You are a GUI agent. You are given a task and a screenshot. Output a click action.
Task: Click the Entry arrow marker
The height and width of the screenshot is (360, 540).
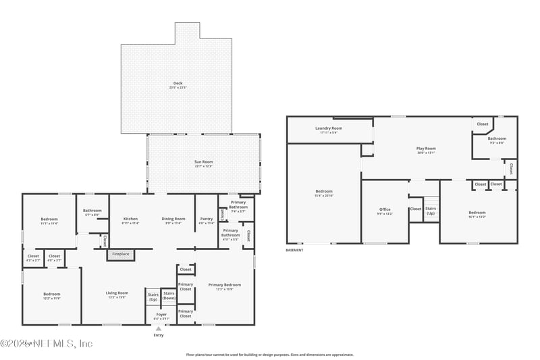point(159,329)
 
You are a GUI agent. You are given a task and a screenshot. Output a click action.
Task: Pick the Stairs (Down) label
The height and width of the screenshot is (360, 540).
point(169,297)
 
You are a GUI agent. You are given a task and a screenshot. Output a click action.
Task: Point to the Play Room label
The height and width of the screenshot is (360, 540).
point(425,150)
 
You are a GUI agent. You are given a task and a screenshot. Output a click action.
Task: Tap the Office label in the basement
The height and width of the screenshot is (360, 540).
point(385,211)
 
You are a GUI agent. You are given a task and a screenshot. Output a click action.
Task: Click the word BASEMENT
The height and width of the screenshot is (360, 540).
point(295,250)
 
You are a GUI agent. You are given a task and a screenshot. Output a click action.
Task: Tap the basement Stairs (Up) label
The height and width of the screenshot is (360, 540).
point(431,210)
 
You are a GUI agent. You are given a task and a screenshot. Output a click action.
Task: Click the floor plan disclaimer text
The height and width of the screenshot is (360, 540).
point(269,354)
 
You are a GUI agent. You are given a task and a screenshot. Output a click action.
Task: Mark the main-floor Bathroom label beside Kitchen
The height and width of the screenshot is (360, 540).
point(92,211)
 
